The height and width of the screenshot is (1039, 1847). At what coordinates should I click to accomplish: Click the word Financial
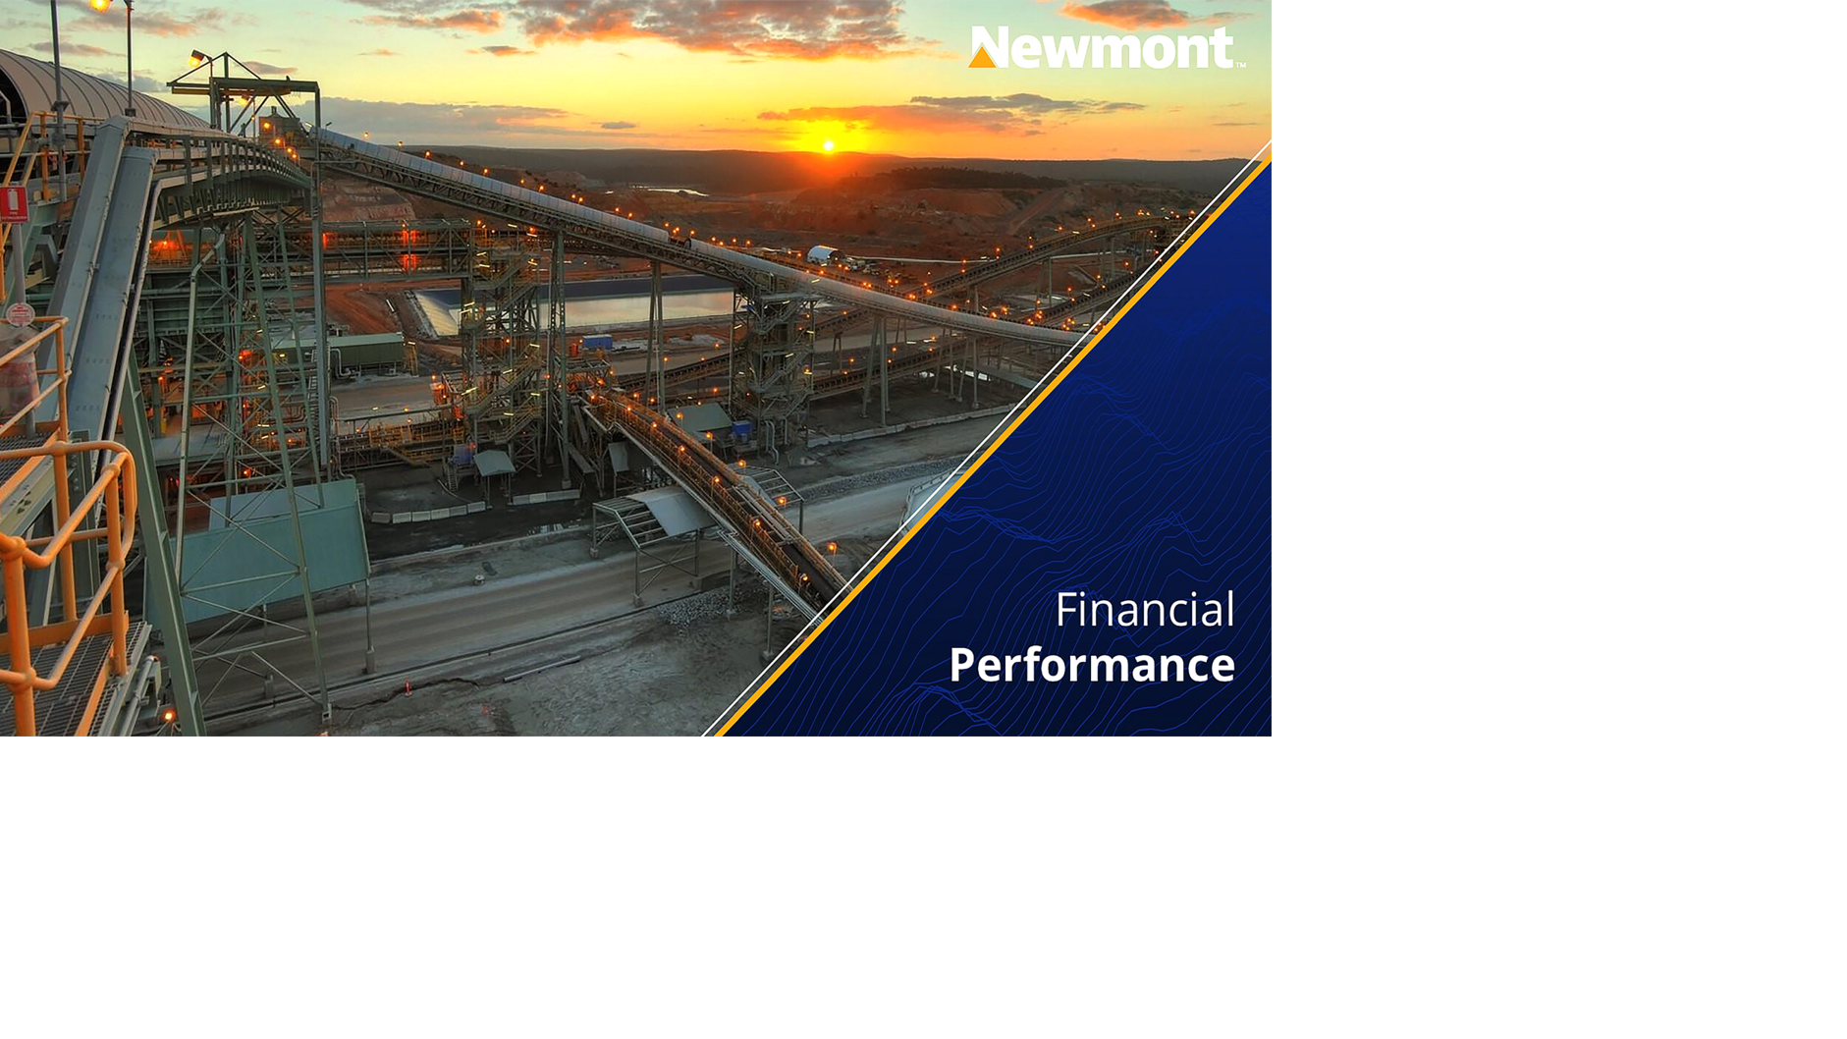click(1144, 611)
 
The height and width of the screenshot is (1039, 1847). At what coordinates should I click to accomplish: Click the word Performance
click(1091, 666)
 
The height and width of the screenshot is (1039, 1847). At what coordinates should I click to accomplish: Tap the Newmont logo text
click(1114, 47)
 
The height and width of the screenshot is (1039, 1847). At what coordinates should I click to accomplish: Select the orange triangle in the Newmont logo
click(982, 57)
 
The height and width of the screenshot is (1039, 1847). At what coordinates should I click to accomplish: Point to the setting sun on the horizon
click(829, 146)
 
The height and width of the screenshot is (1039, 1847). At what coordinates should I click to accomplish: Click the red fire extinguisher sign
click(14, 204)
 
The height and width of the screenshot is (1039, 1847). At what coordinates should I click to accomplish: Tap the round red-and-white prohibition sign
click(20, 314)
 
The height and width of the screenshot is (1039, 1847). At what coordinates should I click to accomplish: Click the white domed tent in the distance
click(822, 254)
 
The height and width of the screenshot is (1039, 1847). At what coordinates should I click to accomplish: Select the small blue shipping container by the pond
click(596, 342)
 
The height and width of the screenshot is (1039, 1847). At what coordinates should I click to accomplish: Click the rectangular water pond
click(589, 306)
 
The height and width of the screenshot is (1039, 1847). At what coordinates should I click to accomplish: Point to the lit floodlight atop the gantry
click(197, 58)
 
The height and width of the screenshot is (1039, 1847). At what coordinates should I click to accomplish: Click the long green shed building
click(368, 351)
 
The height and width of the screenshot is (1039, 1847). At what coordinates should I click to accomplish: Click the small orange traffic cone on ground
click(408, 688)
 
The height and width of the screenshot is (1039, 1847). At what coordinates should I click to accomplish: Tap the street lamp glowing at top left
click(98, 6)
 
